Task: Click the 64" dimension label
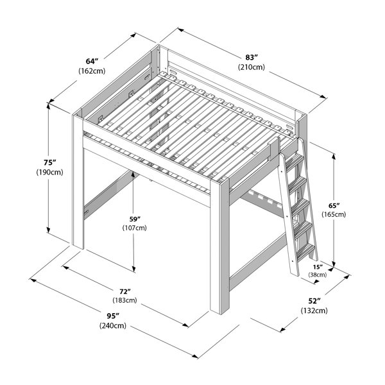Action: pos(92,61)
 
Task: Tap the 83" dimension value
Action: pos(252,58)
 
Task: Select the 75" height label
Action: pos(50,162)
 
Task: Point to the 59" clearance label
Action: pos(135,219)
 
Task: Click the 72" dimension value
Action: pos(125,291)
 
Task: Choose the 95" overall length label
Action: pos(113,315)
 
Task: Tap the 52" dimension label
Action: pos(314,300)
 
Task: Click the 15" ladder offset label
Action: pos(318,267)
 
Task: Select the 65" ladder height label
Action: pos(334,205)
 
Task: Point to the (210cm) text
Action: pos(252,67)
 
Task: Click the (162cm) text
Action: pos(92,71)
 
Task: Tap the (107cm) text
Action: pos(135,228)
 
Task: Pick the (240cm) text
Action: pos(113,325)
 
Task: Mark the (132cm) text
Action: pos(314,311)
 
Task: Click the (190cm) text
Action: pos(50,173)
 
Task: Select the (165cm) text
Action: pos(334,214)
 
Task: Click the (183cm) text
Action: pos(124,300)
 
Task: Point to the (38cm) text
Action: pos(318,275)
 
